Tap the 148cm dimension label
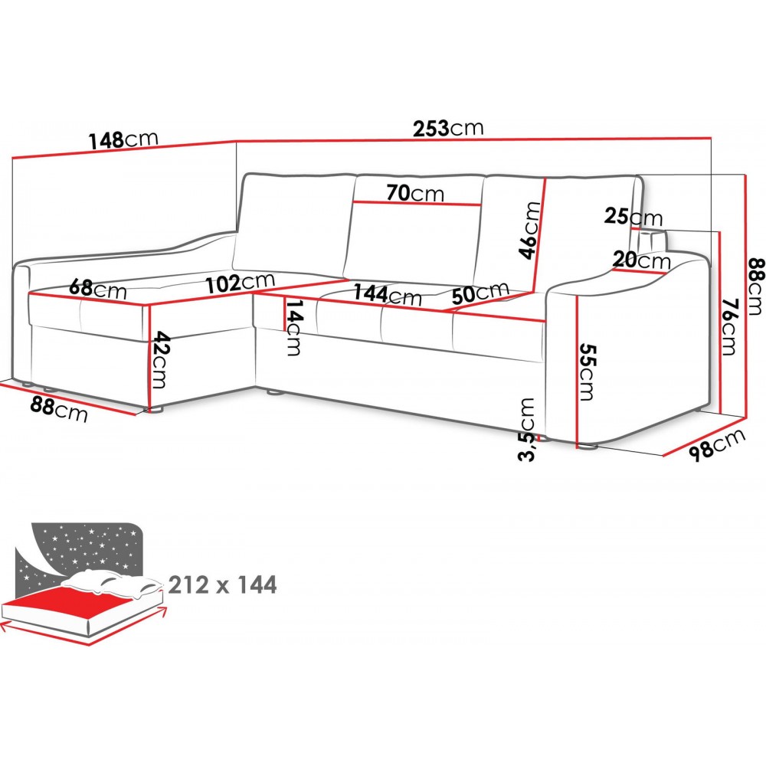pyautogui.click(x=123, y=140)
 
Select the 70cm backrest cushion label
pyautogui.click(x=414, y=193)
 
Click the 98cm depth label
pyautogui.click(x=716, y=444)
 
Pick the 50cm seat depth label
pyautogui.click(x=480, y=293)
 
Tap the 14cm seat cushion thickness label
pyautogui.click(x=293, y=328)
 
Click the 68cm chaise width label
pyautogui.click(x=97, y=290)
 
